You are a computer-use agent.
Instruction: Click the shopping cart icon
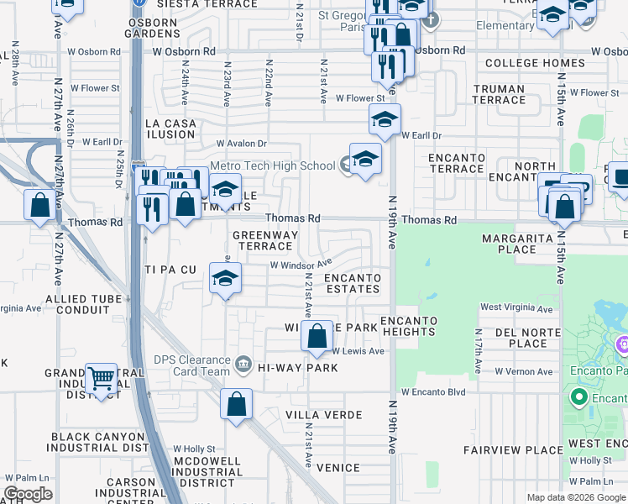pos(102,380)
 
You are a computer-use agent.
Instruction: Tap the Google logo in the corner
pos(28,494)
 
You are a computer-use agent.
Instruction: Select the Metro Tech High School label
pos(272,165)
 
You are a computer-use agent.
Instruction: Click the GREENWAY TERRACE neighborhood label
pos(262,240)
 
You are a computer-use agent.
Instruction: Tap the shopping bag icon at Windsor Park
pos(317,338)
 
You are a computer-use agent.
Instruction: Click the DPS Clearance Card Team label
pos(191,366)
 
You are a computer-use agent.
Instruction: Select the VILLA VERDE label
pos(323,415)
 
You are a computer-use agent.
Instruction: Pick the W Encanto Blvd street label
pos(432,392)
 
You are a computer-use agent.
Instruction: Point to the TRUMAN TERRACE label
pos(499,94)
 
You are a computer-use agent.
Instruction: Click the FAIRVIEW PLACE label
pos(518,450)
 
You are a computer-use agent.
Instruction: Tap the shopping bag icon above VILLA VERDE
pos(237,403)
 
